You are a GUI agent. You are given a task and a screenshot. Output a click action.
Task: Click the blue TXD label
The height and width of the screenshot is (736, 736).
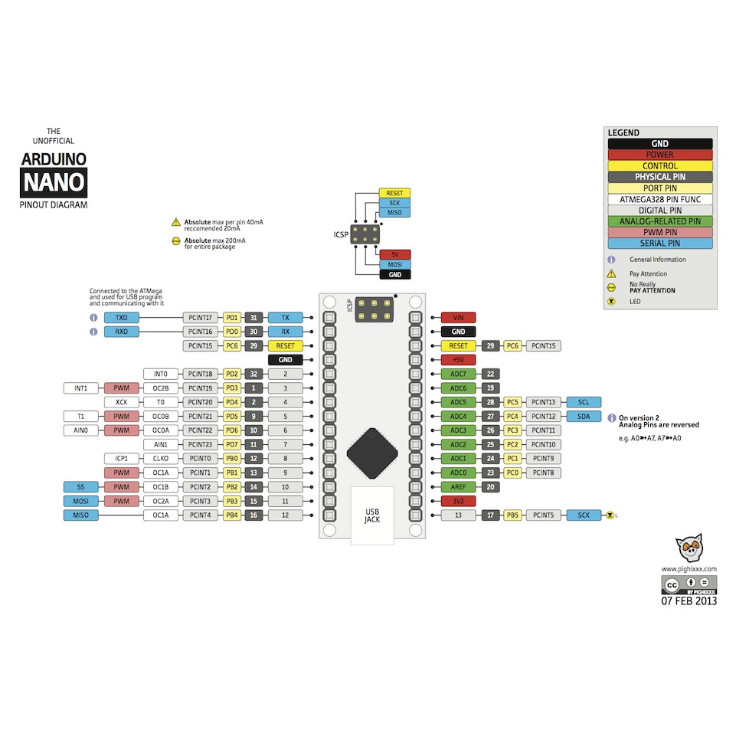[x=121, y=317]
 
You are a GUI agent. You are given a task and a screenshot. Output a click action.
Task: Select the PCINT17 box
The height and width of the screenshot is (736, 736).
[x=201, y=317]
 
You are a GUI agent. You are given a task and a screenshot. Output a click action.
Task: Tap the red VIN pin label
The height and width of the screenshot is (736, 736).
[x=459, y=317]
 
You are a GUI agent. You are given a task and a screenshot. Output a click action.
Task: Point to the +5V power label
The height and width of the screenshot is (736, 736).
[x=459, y=359]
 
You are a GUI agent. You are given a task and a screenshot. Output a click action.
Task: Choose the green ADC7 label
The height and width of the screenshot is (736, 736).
[x=459, y=374]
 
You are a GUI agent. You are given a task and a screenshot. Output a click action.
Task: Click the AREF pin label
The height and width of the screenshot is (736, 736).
[x=459, y=486]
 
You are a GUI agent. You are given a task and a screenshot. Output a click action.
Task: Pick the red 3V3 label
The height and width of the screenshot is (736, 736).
[x=459, y=501]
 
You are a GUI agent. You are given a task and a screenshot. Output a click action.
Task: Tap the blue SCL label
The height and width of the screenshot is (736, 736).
[x=584, y=402]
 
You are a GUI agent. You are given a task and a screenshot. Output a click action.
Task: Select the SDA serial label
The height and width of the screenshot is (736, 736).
[x=584, y=416]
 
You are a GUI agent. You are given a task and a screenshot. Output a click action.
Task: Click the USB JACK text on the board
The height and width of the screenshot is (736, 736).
[x=372, y=515]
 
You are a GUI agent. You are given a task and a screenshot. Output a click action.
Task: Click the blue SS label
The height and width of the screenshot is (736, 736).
[x=80, y=486]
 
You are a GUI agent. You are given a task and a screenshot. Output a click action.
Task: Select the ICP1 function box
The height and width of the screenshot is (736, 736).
[x=121, y=458]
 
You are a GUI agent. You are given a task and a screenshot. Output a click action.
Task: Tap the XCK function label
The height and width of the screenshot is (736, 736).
[x=121, y=402]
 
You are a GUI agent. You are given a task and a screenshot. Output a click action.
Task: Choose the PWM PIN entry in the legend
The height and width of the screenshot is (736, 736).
[x=659, y=232]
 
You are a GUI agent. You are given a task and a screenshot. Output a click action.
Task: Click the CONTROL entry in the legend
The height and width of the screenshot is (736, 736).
[x=659, y=165]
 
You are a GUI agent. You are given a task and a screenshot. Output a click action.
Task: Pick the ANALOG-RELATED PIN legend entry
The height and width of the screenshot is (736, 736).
[x=659, y=221]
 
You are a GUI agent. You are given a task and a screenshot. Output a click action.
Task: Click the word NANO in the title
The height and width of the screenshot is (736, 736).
[x=54, y=183]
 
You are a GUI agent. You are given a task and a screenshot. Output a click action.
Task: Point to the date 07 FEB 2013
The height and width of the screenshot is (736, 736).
[x=689, y=600]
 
